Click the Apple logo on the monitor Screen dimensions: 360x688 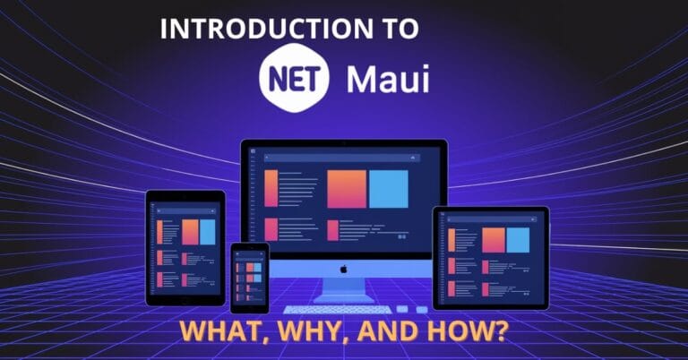point(343,267)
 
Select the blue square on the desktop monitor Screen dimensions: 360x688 point(389,188)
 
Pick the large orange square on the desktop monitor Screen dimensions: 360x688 point(347,188)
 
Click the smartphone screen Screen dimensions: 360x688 point(250,277)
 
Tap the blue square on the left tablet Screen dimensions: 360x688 point(208,232)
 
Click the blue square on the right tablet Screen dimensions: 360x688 point(518,240)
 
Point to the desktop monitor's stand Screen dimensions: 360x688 point(343,288)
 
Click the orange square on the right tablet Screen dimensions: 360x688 point(493,240)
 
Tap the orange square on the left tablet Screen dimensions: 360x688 point(190,232)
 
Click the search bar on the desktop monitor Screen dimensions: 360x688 point(344,158)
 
